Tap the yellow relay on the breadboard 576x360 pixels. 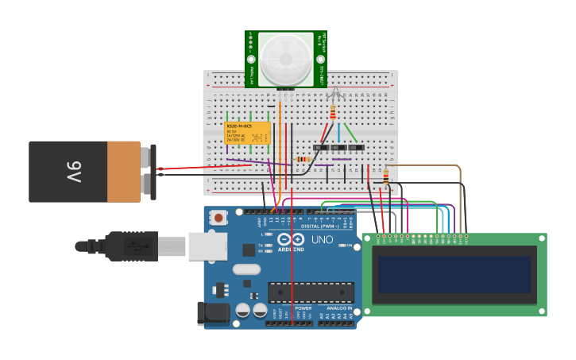[x=247, y=133]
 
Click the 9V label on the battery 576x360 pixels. [x=73, y=171]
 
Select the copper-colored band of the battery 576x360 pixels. [x=123, y=171]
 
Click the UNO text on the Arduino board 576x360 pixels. [x=322, y=239]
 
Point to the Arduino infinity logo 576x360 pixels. [x=292, y=239]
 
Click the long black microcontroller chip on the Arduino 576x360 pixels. [x=311, y=292]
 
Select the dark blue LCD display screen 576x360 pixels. [x=454, y=275]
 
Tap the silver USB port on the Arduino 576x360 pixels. [x=207, y=246]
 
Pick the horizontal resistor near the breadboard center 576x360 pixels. [x=303, y=159]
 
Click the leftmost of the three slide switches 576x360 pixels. [x=320, y=148]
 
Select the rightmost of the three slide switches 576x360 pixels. [x=357, y=148]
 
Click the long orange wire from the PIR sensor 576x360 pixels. [x=280, y=143]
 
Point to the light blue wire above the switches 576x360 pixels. [x=338, y=131]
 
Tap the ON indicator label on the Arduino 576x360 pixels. [x=350, y=246]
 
